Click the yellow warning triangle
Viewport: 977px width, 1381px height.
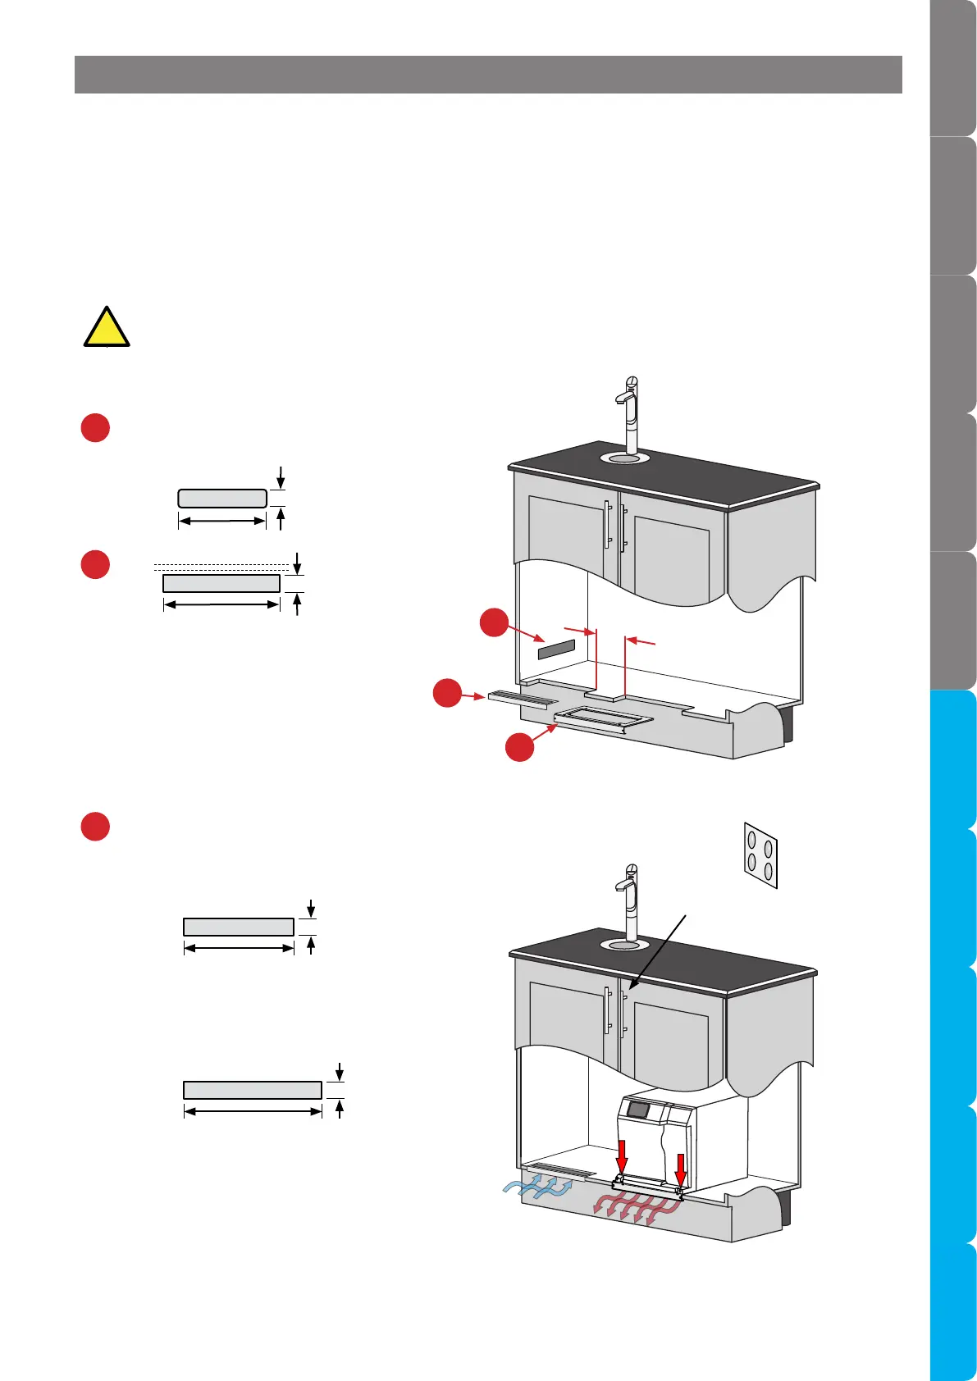click(107, 329)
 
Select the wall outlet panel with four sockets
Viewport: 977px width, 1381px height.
click(760, 855)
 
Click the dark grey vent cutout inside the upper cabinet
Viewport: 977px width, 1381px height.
click(556, 649)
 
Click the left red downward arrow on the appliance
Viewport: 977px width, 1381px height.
click(622, 1156)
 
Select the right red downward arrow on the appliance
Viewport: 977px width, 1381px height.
click(680, 1169)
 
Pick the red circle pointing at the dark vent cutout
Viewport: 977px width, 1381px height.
click(494, 622)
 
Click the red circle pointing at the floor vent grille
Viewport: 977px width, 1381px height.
click(447, 693)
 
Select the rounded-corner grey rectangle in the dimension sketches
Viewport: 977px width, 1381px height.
click(222, 499)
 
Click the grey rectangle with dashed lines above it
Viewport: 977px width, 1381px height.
click(221, 583)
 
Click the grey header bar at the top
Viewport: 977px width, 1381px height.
click(488, 75)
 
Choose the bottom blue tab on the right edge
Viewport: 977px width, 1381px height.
click(953, 1312)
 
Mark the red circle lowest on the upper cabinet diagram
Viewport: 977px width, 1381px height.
click(519, 747)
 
